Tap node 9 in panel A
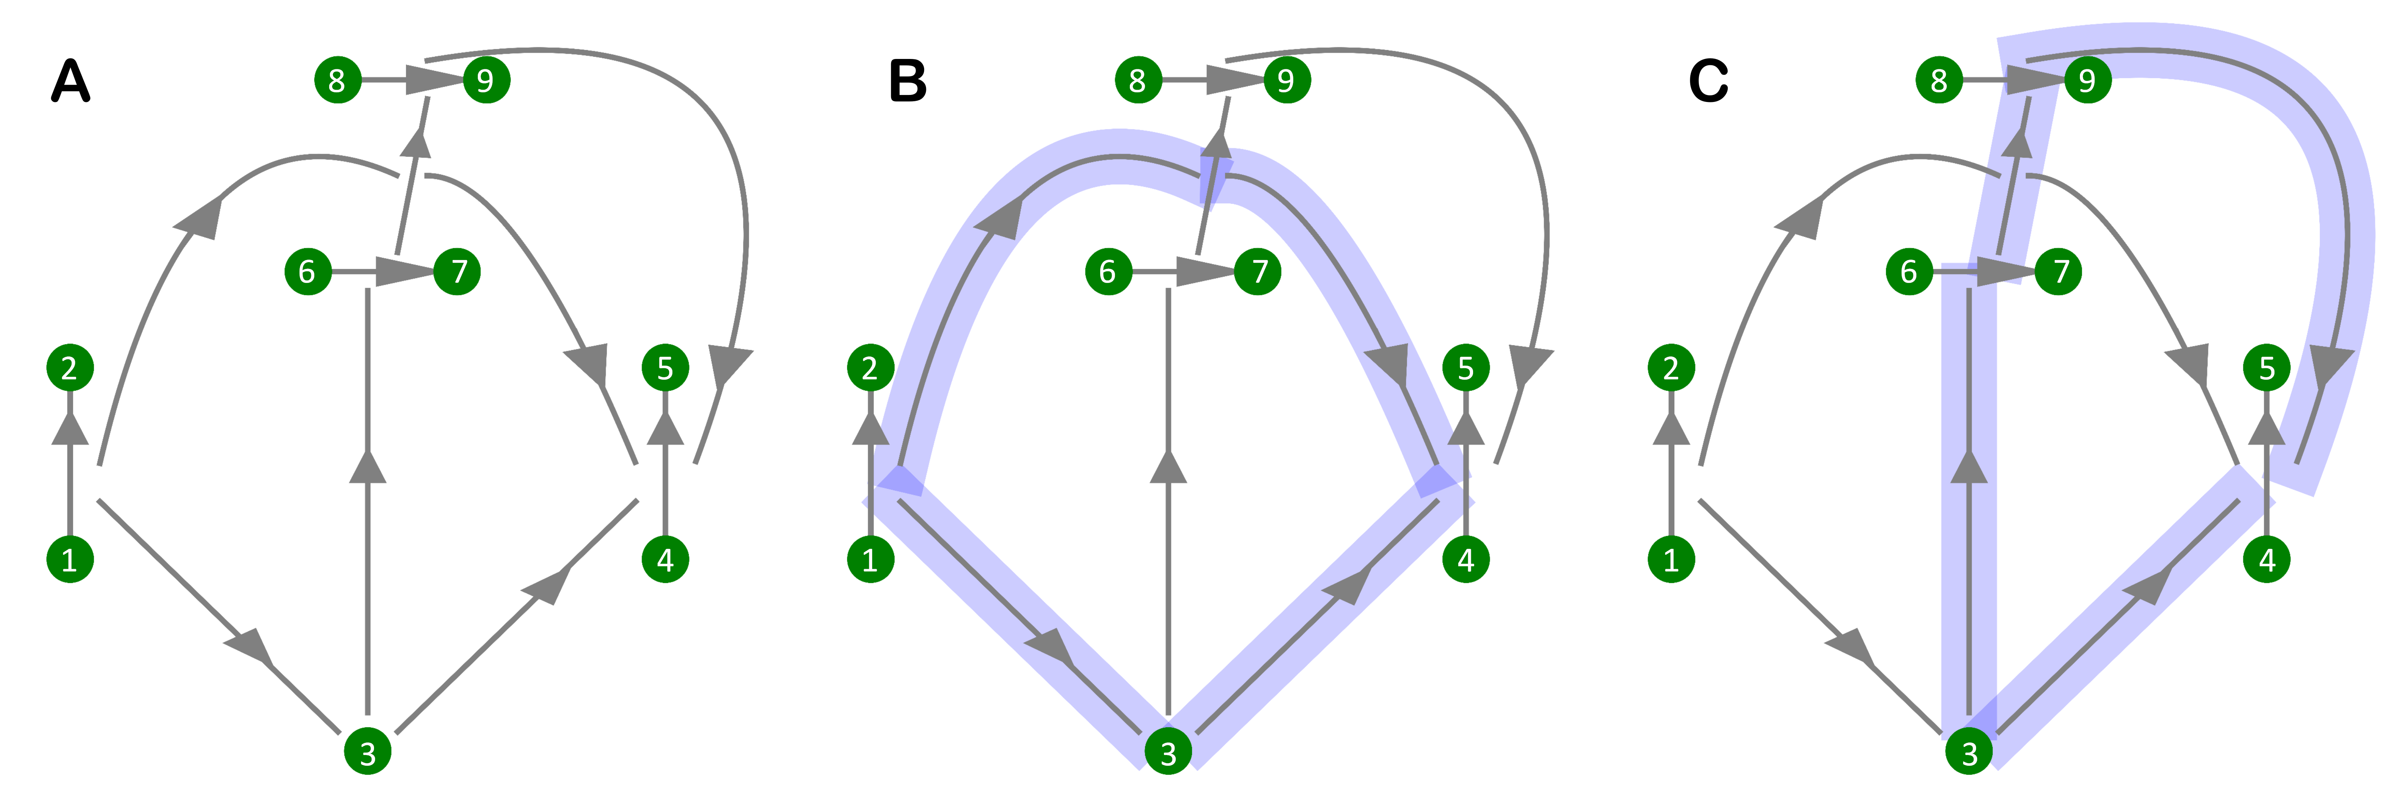click(486, 80)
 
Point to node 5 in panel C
click(2267, 368)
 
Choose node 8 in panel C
click(1939, 80)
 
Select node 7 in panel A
click(457, 271)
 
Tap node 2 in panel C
click(1670, 368)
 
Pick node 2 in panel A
click(70, 368)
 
